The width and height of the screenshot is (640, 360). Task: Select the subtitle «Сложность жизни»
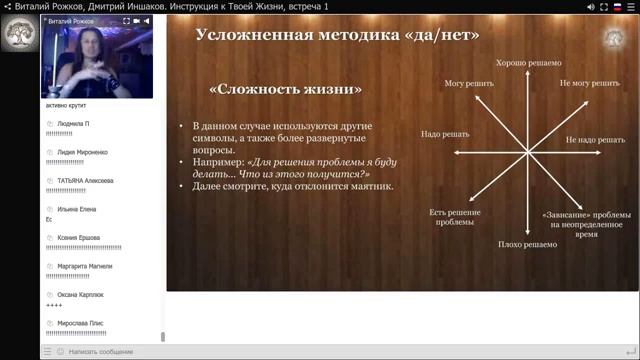285,89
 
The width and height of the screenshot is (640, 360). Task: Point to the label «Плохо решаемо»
526,243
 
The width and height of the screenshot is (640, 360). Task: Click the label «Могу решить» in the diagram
469,83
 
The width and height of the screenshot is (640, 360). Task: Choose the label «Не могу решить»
589,83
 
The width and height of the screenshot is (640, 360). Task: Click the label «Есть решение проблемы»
455,217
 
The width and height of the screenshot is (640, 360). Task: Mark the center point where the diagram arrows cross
526,152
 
